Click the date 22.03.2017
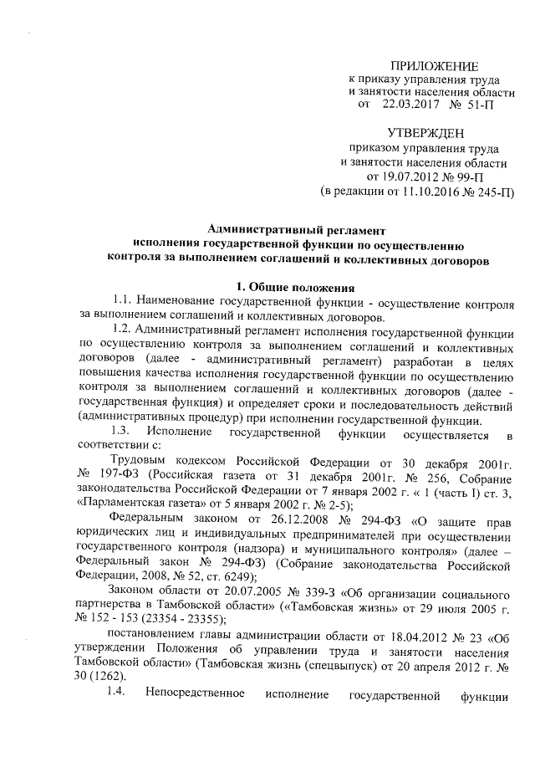[408, 106]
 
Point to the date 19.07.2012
[410, 176]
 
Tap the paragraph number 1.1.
[123, 302]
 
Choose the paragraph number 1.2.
[123, 331]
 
